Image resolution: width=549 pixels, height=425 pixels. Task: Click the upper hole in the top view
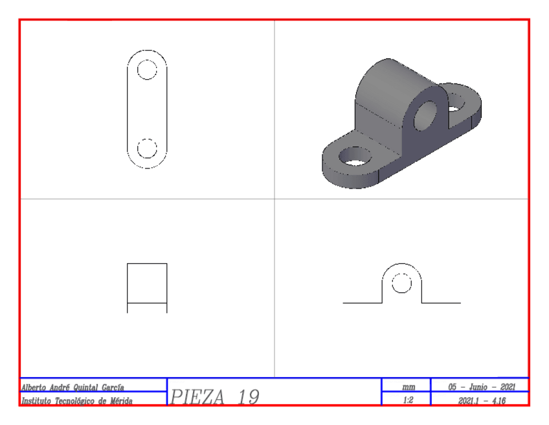point(147,69)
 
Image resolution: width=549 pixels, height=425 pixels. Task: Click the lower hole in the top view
point(147,148)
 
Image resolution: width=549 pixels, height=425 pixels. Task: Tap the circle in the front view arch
point(401,283)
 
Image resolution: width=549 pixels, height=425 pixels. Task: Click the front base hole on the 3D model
point(355,156)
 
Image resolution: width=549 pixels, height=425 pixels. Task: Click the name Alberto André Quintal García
point(73,387)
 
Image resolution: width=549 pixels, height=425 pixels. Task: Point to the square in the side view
point(147,283)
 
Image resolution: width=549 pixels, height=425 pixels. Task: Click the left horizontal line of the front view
point(362,303)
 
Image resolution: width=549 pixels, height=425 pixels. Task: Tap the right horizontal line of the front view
point(441,303)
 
